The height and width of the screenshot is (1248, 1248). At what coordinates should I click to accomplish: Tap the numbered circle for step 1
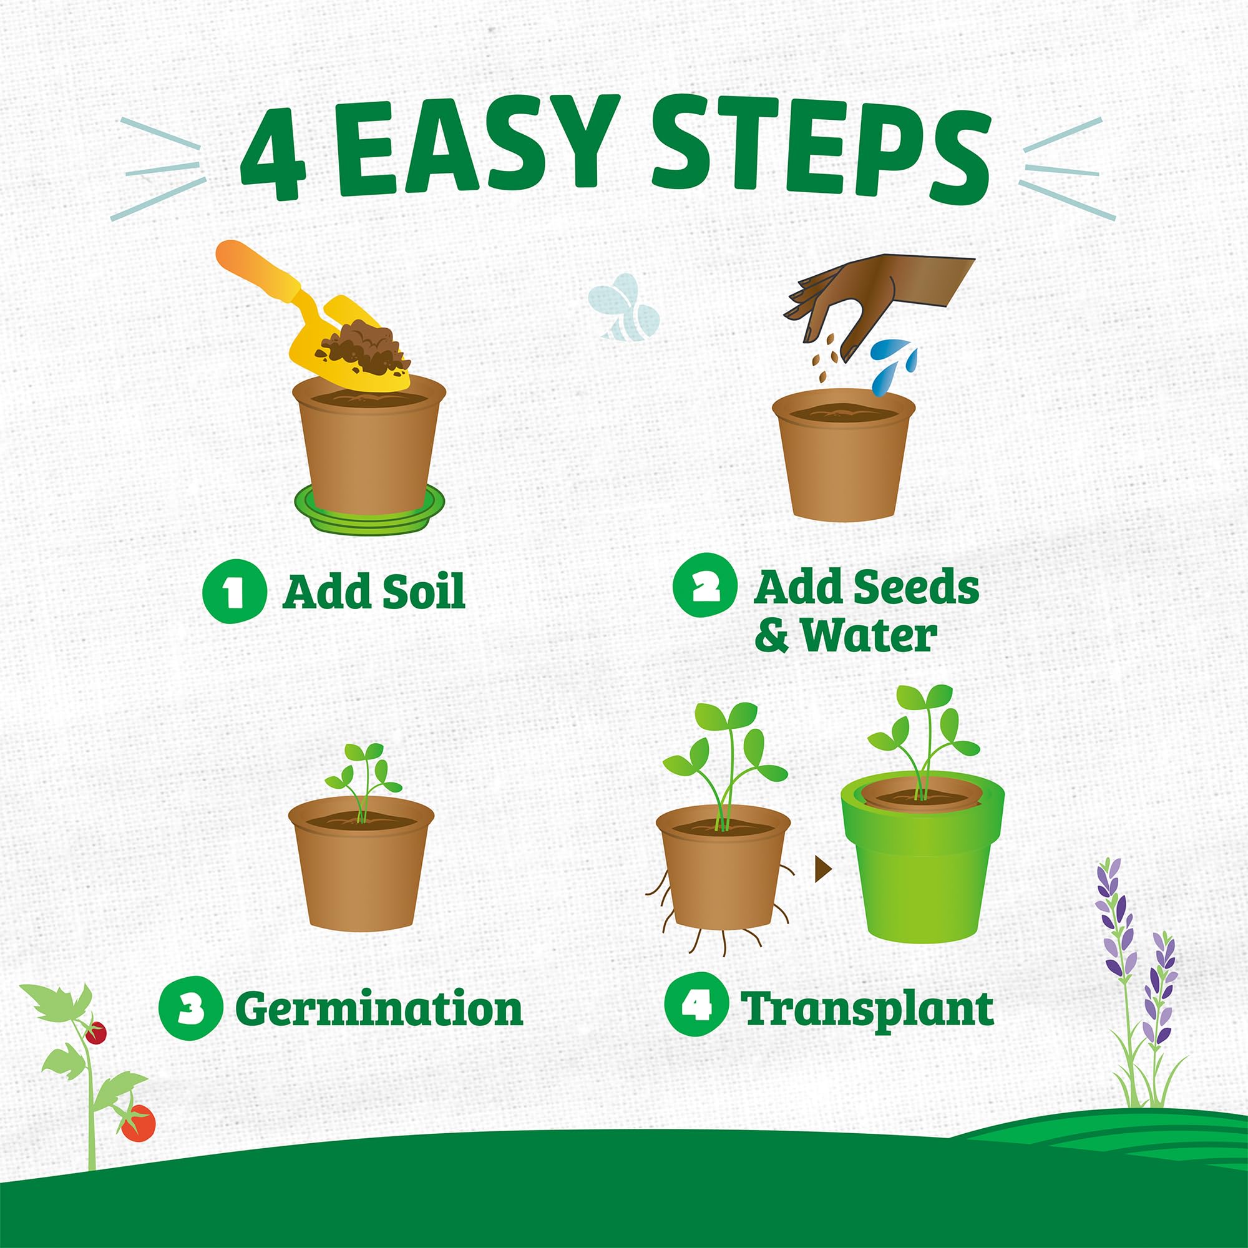tap(234, 591)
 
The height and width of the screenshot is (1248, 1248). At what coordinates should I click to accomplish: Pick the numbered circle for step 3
tap(190, 1008)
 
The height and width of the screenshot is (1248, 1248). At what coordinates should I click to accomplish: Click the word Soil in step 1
tap(423, 591)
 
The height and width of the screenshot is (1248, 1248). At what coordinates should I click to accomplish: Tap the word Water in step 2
tap(869, 636)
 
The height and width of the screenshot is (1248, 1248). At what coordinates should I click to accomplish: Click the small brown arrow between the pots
tap(822, 869)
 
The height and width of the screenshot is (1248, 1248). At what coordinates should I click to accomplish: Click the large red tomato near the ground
tap(137, 1123)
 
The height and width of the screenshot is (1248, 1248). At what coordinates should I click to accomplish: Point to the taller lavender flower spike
tap(1116, 924)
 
